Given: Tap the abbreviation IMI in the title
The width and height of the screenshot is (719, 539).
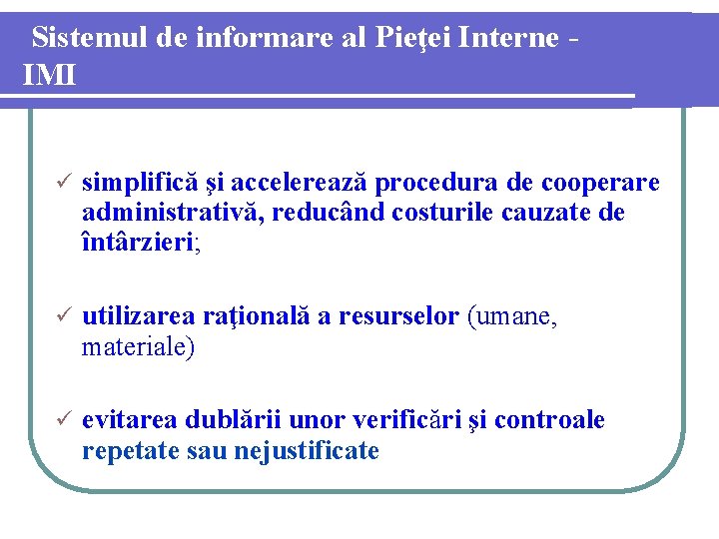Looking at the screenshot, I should tap(49, 74).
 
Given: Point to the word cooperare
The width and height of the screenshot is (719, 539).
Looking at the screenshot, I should tap(600, 184).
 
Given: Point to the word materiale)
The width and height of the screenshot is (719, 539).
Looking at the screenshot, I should tap(139, 347).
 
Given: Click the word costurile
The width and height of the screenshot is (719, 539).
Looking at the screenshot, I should tap(440, 213).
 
